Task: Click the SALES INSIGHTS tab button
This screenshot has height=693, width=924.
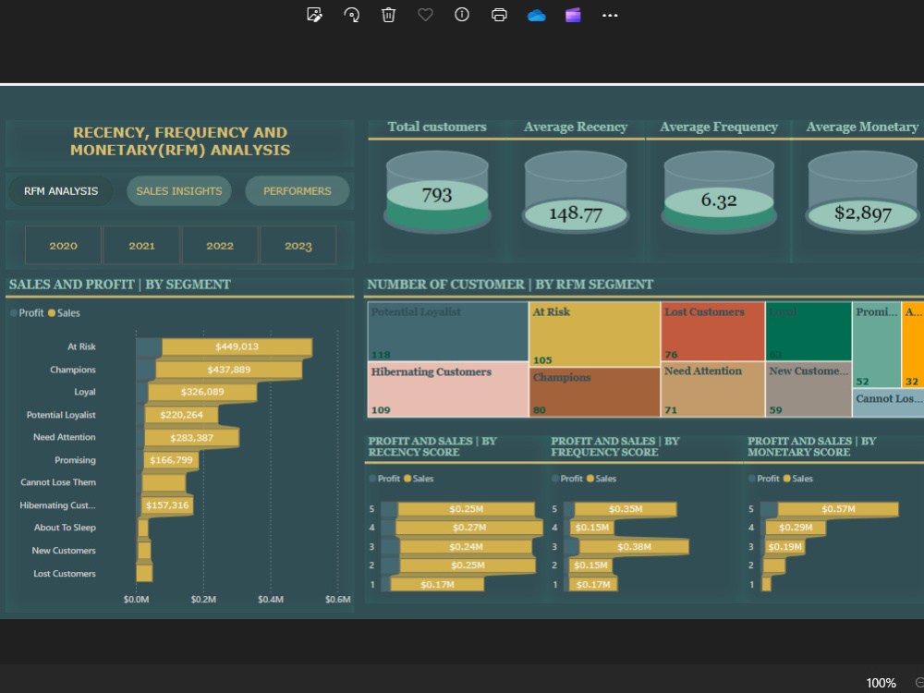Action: (179, 191)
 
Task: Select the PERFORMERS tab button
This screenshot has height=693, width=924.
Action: (297, 191)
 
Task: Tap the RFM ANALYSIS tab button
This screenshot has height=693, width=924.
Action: (61, 191)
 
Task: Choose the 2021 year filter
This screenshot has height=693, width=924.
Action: (141, 246)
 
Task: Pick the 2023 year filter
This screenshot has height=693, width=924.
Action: (298, 246)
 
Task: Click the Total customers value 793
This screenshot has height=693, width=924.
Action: (437, 195)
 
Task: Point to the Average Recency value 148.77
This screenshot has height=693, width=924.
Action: (576, 213)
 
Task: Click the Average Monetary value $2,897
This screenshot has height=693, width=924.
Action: (862, 213)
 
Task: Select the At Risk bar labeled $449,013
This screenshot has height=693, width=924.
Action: (237, 347)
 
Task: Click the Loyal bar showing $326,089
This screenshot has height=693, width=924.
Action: (201, 393)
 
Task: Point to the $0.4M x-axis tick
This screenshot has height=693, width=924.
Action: (271, 600)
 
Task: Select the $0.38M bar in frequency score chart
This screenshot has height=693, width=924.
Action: (632, 546)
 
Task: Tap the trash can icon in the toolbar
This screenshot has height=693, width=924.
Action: (389, 15)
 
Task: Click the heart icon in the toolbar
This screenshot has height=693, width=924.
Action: (425, 15)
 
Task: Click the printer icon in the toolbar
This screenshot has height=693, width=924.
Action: (499, 15)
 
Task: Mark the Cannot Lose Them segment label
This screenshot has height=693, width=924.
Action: (58, 482)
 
